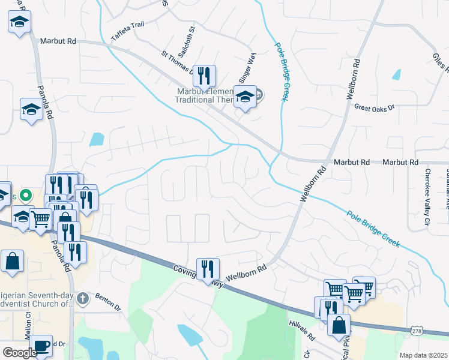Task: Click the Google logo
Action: click(x=20, y=352)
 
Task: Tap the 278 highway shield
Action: click(x=418, y=331)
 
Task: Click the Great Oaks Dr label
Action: click(x=373, y=108)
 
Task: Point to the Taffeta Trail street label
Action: click(x=128, y=32)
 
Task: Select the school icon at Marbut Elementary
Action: click(x=245, y=97)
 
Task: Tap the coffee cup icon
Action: click(x=41, y=345)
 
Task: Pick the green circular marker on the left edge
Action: click(x=25, y=195)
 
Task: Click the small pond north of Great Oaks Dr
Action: click(x=396, y=75)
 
